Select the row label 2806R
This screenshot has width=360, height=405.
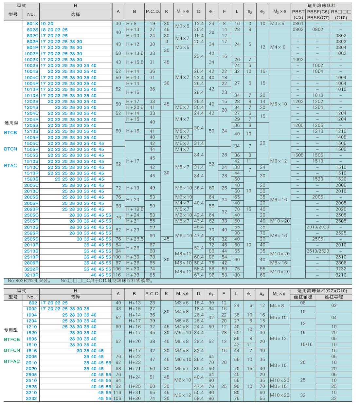31,263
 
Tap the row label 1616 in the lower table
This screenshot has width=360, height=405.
31,351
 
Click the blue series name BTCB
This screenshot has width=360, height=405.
10,132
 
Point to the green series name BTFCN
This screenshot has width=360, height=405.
12,350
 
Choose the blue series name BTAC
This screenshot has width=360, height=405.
10,166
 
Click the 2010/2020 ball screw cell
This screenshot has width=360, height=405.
317,227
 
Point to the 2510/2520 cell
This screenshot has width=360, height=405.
317,251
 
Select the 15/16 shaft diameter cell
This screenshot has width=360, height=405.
303,344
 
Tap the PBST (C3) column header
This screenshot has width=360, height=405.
298,15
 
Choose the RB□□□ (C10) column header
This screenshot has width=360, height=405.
341,15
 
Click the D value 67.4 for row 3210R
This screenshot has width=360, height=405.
199,275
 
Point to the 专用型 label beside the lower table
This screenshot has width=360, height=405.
11,330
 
